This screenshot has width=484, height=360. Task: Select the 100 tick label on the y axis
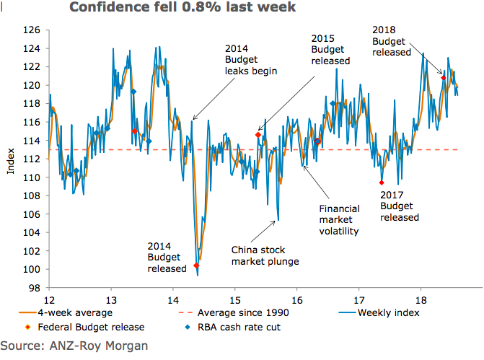tap(32, 270)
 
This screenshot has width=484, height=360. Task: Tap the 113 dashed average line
tap(216, 149)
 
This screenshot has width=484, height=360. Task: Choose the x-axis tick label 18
tap(421, 299)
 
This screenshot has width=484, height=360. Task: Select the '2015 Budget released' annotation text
tap(330, 49)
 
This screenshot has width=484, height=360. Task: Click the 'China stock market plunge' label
tap(265, 255)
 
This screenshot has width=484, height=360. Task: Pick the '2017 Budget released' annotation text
tap(399, 206)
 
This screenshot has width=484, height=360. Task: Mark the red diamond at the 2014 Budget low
tap(197, 265)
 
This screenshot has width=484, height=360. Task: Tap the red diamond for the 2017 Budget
tap(382, 183)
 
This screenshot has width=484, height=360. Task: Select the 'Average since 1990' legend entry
tap(238, 312)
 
